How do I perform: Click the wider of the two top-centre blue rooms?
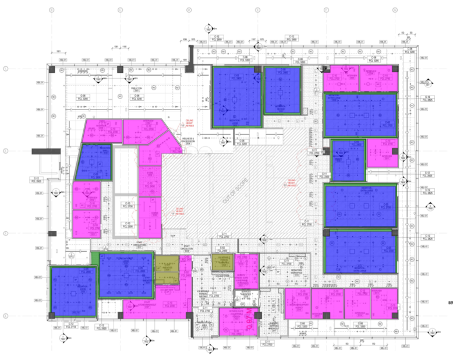click(x=236, y=96)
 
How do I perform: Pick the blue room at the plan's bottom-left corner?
click(x=72, y=289)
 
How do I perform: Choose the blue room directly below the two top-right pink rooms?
click(x=360, y=114)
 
